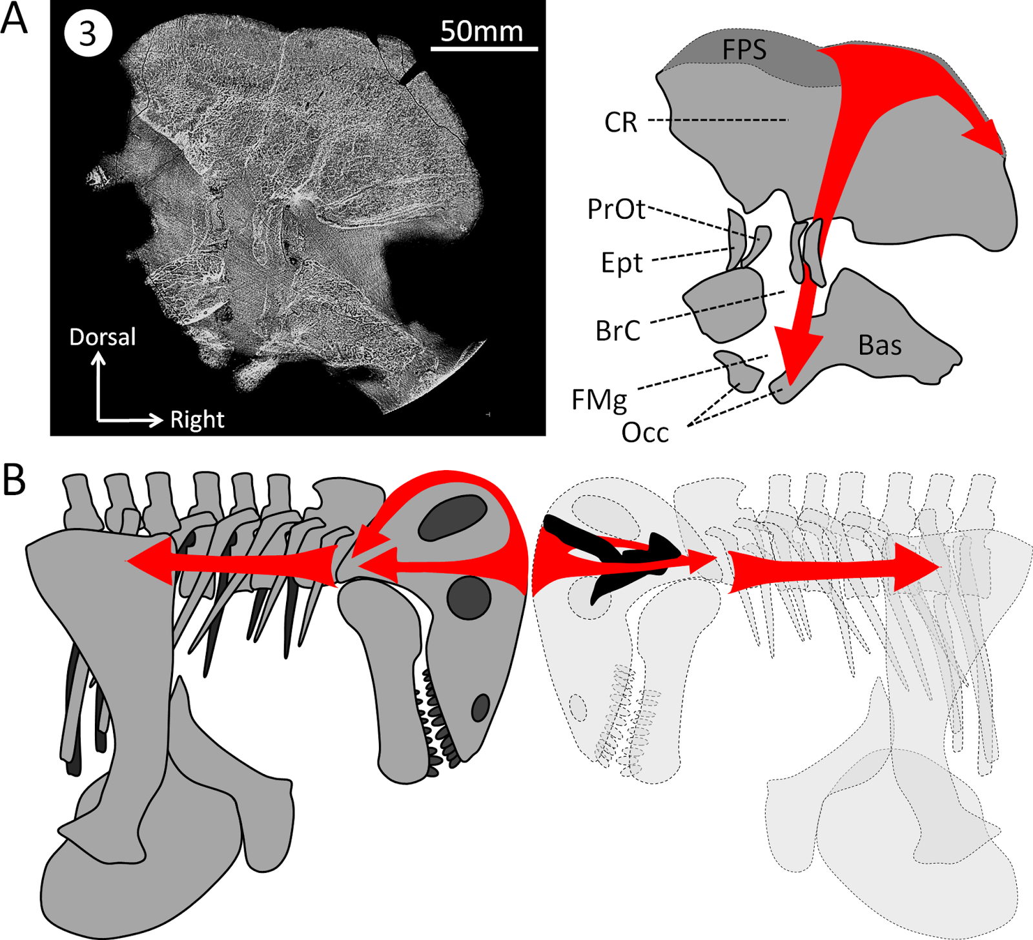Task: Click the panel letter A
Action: (x=14, y=19)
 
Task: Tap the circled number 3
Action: (x=88, y=34)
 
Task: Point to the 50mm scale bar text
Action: (x=482, y=31)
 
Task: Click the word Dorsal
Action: (x=103, y=337)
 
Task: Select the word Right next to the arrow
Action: (x=197, y=420)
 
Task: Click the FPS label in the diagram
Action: (x=744, y=50)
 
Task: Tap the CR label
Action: (x=620, y=122)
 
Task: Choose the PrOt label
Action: (x=616, y=209)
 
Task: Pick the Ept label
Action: (x=622, y=263)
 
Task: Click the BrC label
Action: (x=618, y=331)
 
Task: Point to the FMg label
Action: (x=599, y=400)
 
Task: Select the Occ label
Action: (x=645, y=433)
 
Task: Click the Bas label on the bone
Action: (x=879, y=346)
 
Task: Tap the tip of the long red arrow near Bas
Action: (x=789, y=381)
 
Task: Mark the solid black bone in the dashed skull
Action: (x=613, y=549)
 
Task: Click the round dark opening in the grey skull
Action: (x=469, y=597)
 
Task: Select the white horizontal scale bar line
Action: (x=484, y=48)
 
